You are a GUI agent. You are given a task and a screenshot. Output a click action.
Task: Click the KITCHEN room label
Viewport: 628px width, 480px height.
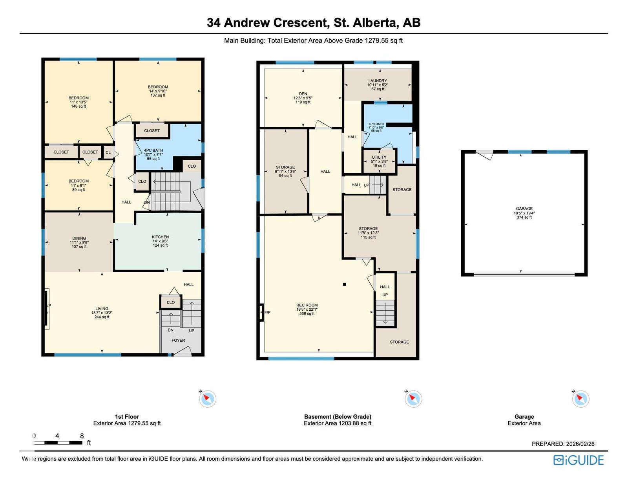[160, 237]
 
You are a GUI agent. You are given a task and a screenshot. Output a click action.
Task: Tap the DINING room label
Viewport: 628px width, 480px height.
[79, 238]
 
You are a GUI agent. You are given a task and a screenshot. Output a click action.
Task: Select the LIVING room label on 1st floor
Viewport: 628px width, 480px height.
[102, 309]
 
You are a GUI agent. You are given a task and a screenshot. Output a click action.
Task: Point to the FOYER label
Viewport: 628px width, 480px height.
[178, 340]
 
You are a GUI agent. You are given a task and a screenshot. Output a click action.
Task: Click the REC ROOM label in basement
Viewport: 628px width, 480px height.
[307, 305]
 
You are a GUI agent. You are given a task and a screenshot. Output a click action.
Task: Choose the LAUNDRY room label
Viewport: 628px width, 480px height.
[378, 81]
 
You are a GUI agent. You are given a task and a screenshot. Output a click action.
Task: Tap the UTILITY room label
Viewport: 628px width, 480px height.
[379, 157]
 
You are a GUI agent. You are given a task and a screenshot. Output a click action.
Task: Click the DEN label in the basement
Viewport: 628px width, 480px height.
[303, 93]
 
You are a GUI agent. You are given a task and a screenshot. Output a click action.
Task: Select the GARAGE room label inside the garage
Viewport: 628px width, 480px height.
[524, 209]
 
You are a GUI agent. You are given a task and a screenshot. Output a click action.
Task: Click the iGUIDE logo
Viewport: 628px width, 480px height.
[579, 460]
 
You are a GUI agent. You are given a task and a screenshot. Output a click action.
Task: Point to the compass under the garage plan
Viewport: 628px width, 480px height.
[581, 398]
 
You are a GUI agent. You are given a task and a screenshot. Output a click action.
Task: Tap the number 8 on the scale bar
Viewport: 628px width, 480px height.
[82, 436]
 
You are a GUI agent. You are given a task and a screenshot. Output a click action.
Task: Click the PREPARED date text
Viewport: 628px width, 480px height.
[563, 443]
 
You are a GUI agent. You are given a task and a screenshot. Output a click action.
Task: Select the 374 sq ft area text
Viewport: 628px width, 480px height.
[524, 217]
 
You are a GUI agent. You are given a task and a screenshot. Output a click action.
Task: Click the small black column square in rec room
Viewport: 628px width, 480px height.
[345, 284]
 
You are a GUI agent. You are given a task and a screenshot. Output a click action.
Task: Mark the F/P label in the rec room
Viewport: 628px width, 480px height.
[267, 312]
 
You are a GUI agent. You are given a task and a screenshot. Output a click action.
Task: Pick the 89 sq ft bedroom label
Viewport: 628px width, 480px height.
[78, 189]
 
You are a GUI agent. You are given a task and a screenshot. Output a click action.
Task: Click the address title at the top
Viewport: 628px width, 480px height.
[314, 23]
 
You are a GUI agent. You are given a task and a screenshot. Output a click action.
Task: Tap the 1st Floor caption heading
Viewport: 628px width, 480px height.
[127, 416]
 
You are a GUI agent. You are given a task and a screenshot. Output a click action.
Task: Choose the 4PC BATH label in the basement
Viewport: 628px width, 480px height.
[376, 124]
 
